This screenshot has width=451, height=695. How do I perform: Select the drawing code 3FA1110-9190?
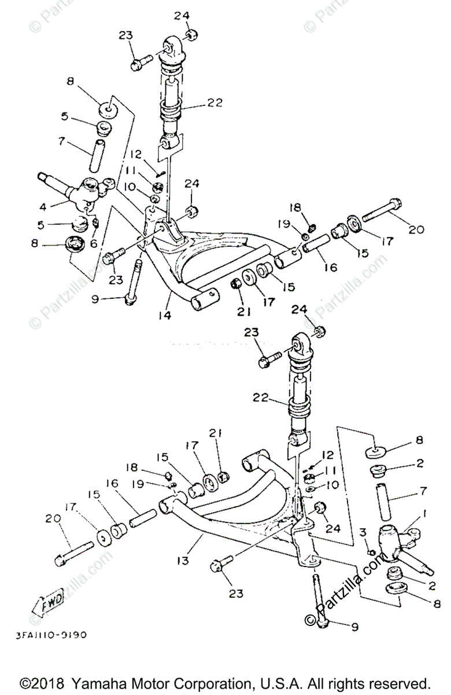point(48,635)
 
